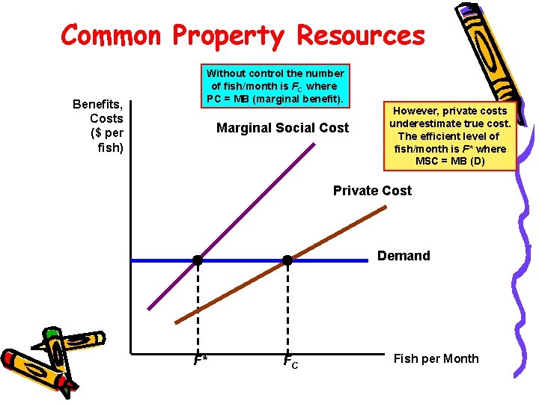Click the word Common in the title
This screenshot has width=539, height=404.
point(111,34)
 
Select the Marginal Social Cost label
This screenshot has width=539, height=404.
point(282,128)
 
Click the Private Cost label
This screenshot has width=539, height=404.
point(372,191)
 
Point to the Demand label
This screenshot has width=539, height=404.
point(404,256)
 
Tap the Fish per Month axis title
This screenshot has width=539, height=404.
point(436,358)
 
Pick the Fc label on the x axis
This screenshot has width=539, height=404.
point(290,362)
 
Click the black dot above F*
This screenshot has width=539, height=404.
point(198,260)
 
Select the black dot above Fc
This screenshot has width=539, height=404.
point(287,260)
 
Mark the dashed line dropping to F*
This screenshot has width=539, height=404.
point(198,307)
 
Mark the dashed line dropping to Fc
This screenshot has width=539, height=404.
point(287,307)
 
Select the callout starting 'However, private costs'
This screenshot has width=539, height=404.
point(450,135)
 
